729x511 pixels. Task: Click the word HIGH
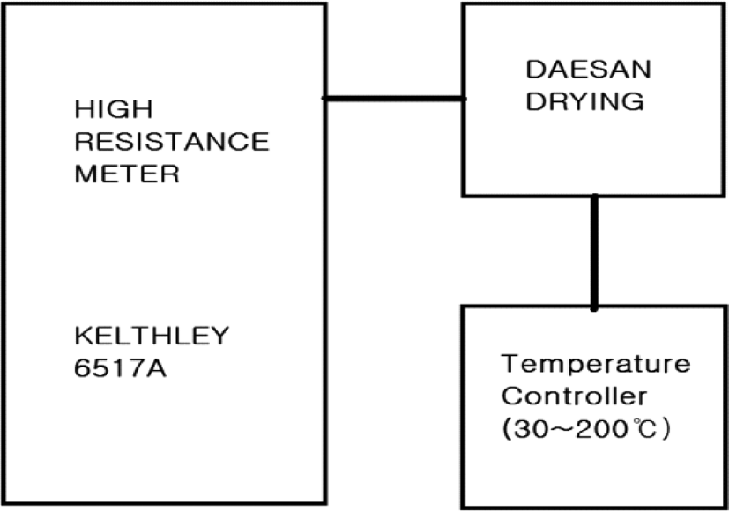click(x=114, y=109)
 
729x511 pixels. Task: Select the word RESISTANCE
click(x=172, y=141)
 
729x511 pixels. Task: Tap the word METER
click(x=127, y=174)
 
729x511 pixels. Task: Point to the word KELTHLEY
click(x=152, y=336)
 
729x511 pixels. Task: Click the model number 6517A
click(x=120, y=368)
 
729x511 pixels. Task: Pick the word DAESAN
click(x=589, y=70)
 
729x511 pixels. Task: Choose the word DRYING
click(x=585, y=101)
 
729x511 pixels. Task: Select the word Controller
click(x=574, y=396)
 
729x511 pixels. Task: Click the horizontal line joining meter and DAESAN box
click(x=394, y=99)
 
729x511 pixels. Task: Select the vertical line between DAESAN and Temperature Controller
click(x=594, y=252)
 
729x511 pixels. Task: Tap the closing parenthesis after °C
click(x=666, y=429)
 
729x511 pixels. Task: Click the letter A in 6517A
click(x=157, y=368)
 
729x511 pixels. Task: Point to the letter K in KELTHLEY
click(x=83, y=336)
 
